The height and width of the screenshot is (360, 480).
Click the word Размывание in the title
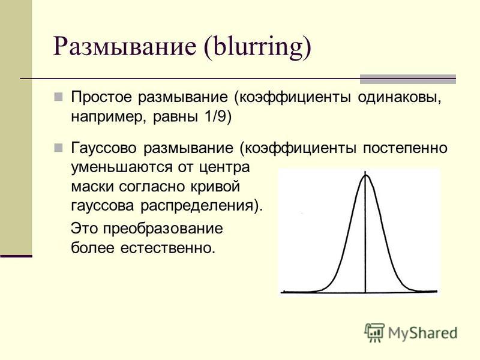click(x=125, y=47)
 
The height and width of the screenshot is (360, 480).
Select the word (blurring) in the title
click(x=257, y=47)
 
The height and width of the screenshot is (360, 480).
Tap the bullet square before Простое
click(x=58, y=97)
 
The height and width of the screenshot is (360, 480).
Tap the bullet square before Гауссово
click(x=58, y=148)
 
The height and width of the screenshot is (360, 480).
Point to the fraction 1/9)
click(x=217, y=117)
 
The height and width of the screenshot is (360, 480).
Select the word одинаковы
click(x=400, y=98)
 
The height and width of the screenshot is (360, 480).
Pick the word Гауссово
click(x=103, y=148)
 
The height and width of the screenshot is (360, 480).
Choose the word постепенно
click(x=405, y=148)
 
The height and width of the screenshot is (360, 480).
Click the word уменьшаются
click(x=122, y=168)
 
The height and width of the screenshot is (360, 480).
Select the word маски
click(x=92, y=187)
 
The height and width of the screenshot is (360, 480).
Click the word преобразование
click(x=163, y=229)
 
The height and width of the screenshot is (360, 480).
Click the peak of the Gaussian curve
click(x=365, y=175)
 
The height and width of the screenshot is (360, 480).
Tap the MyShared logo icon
click(x=374, y=332)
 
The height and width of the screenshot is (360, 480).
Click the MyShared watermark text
click(x=423, y=333)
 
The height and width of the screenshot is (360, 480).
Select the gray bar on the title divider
click(x=408, y=79)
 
